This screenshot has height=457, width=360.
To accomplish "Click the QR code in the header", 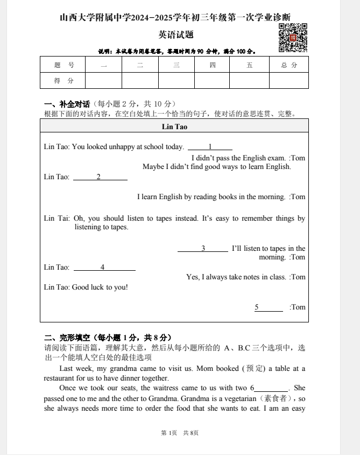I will coord(293,38).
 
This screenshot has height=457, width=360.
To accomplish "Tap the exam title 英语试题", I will coord(176,35).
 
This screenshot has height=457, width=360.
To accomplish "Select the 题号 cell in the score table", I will coord(63,65).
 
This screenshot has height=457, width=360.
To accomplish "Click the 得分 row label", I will coord(63,81).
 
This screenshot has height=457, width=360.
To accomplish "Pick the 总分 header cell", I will coord(288,65).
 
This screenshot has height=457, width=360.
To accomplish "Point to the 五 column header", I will coord(249,65).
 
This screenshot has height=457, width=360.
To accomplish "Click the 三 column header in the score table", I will coord(176,65).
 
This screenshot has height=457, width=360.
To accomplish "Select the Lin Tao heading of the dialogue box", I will coord(174,127).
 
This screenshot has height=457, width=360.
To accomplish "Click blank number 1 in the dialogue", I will coord(210,147).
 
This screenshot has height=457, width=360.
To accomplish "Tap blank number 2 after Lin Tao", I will coord(100,177).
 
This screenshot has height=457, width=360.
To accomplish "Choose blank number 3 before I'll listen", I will coord(203,249).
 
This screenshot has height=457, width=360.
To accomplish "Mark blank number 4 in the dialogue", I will coord(104,268).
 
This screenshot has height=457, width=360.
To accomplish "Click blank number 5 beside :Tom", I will coord(268,307).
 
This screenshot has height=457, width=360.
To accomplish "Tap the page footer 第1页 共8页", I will coord(180,433).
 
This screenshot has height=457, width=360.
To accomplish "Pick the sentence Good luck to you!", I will coord(100,287).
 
